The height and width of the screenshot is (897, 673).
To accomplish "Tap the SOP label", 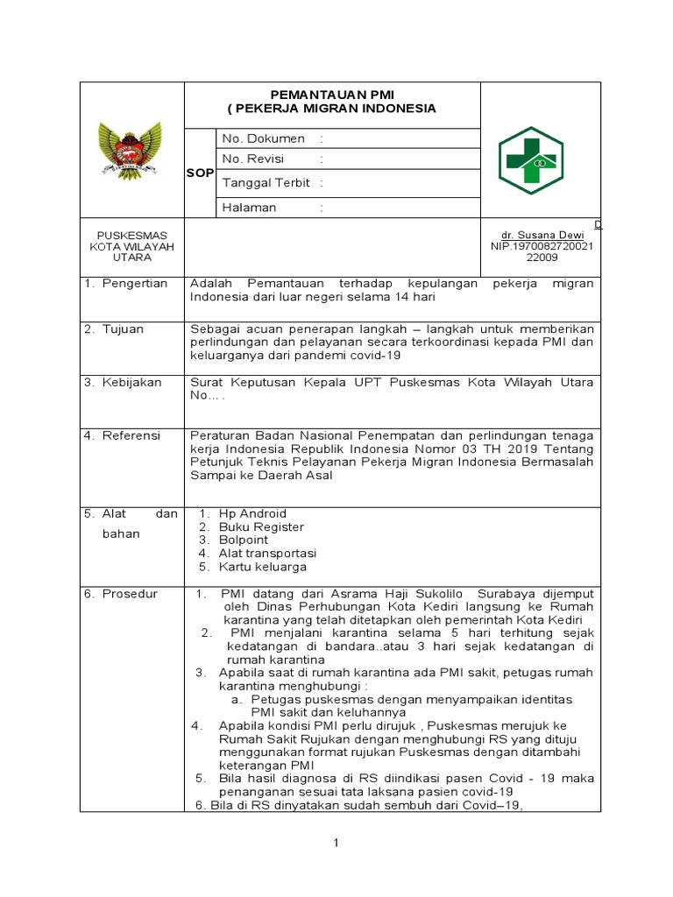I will point(200,173).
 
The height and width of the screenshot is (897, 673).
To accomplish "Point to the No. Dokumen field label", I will point(263,138).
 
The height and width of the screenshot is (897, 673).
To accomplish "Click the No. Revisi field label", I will point(257,159).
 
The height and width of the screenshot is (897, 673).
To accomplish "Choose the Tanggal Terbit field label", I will point(266,183).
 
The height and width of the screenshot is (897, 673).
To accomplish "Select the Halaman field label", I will point(250,208).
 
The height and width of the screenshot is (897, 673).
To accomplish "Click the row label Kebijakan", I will point(132,383).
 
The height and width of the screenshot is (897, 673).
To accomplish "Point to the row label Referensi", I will point(134,434).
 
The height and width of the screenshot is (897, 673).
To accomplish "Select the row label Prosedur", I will point(131,594).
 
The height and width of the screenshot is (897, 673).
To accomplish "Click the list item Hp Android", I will point(252,513).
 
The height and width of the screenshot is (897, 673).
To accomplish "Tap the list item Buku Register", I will point(261,526).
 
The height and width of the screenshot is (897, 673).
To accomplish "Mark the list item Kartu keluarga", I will point(262,567).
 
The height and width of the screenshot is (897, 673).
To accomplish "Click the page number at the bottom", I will point(336,843).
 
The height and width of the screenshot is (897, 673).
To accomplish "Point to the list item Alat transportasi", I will point(267,554).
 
